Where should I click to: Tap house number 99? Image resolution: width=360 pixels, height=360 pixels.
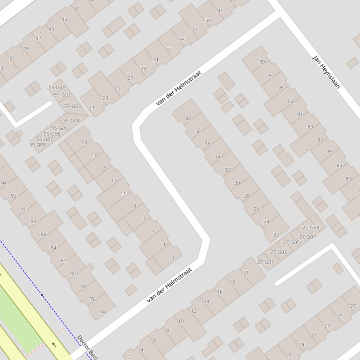[262, 62]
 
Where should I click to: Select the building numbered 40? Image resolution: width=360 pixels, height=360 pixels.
[188, 119]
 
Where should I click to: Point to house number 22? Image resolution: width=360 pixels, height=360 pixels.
[276, 235]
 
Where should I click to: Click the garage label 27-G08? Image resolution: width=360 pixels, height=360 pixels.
[311, 228]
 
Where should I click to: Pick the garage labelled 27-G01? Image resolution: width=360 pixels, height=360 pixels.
[265, 262]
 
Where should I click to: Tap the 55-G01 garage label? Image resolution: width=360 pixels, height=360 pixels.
[57, 88]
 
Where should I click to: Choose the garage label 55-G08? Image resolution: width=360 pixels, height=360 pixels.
[37, 145]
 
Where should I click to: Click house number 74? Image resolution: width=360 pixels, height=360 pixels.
[102, 312]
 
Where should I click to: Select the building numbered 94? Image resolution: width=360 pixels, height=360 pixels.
[4, 183]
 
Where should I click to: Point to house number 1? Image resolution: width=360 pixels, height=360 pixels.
[174, 258]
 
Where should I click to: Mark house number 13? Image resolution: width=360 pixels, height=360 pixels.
[114, 180]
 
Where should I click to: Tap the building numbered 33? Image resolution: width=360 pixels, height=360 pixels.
[169, 50]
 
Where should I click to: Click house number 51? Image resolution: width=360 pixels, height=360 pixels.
[12, 58]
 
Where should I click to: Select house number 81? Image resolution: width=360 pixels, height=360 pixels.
[348, 179]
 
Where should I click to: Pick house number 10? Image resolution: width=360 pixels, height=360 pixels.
[181, 321]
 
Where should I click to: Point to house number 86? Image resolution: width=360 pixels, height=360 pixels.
[44, 235]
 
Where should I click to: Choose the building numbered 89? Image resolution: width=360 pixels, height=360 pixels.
[310, 127]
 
